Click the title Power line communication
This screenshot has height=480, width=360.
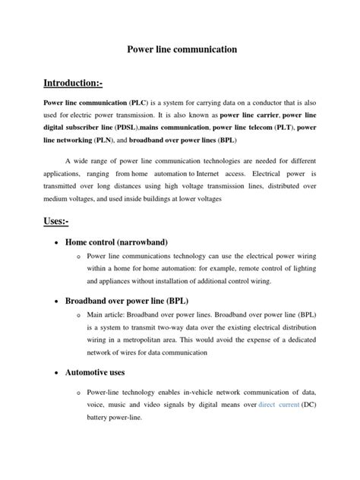[180, 49]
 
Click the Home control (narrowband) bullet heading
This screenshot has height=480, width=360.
[128, 242]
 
